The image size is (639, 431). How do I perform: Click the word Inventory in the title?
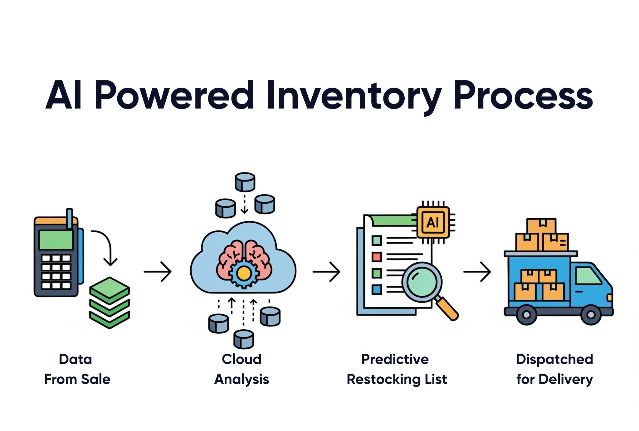(x=354, y=95)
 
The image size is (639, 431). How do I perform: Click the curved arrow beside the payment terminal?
(x=106, y=246)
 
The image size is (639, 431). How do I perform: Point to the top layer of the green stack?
(x=110, y=287)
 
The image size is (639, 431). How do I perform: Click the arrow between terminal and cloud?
(x=158, y=272)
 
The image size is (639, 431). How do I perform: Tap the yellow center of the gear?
(x=244, y=274)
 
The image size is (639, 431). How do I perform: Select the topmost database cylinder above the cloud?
(x=245, y=182)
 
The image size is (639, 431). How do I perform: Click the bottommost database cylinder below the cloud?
(x=244, y=339)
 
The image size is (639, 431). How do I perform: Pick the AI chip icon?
(x=433, y=222)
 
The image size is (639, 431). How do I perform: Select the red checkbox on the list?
(x=377, y=257)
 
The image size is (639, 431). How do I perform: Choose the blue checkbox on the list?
(x=377, y=289)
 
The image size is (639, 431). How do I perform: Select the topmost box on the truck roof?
(x=541, y=225)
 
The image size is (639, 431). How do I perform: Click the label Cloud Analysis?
(x=242, y=369)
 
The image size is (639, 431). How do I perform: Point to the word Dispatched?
(x=554, y=359)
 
